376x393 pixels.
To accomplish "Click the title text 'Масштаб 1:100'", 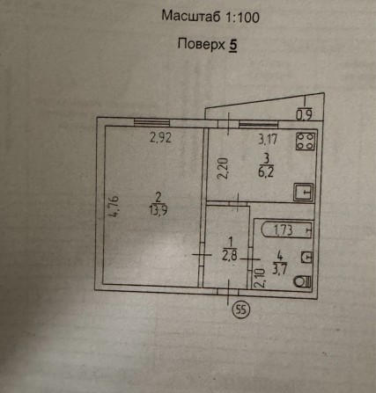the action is click(x=210, y=17).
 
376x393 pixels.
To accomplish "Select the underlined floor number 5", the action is click(x=232, y=45).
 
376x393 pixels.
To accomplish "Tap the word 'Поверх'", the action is click(x=202, y=44).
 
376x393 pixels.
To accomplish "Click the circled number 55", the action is click(x=240, y=309).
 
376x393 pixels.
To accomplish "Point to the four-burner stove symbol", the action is click(x=306, y=142).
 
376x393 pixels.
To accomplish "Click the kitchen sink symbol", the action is click(x=304, y=192).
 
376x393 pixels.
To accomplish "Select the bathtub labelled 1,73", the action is click(x=286, y=229).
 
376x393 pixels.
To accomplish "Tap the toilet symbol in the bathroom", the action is click(x=303, y=281).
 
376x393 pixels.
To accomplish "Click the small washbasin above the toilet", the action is click(x=306, y=258).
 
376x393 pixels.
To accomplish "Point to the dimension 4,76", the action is click(x=114, y=207).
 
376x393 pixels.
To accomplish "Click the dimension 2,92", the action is click(x=160, y=137).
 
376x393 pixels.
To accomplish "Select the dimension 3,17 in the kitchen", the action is click(x=268, y=139).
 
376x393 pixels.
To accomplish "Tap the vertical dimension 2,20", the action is click(x=223, y=168).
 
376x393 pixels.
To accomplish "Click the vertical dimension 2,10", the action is click(x=260, y=279).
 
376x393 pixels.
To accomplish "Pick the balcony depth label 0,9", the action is click(x=304, y=114).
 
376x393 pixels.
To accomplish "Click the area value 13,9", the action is click(x=159, y=210).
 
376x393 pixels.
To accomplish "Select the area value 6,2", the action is click(x=266, y=172).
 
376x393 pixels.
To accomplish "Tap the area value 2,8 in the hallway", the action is click(x=230, y=256).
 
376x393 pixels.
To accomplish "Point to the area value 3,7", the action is click(x=279, y=269).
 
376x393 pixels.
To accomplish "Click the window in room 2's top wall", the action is click(x=151, y=122).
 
